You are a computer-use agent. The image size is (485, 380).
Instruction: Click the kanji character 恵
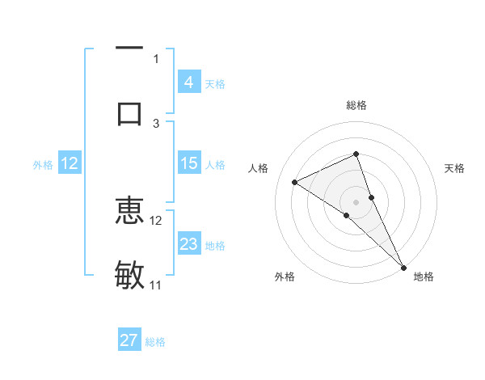click(129, 213)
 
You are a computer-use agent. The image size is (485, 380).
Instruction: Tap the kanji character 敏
click(129, 276)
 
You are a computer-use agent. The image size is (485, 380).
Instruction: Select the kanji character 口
click(129, 112)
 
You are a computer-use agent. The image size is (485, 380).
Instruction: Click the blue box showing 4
click(188, 82)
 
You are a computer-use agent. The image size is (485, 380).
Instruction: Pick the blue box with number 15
click(188, 163)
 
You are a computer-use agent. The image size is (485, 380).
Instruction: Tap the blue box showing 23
click(188, 244)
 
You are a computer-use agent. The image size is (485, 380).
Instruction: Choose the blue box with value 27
click(129, 340)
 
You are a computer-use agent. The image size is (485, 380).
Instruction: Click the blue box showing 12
click(70, 163)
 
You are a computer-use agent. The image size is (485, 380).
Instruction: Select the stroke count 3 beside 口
click(156, 123)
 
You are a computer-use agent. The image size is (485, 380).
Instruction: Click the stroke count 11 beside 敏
click(156, 285)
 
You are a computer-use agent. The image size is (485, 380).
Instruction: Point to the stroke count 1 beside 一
click(156, 58)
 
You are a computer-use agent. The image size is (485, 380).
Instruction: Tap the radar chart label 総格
click(356, 105)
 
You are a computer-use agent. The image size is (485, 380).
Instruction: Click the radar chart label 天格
click(455, 168)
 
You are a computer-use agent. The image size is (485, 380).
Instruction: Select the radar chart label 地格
click(424, 277)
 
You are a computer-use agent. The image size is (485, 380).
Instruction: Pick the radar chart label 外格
click(285, 277)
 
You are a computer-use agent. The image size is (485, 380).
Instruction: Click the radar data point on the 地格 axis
click(403, 267)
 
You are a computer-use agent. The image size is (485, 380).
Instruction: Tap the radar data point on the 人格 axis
click(294, 182)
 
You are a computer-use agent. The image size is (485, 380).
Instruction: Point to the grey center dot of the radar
click(356, 201)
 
